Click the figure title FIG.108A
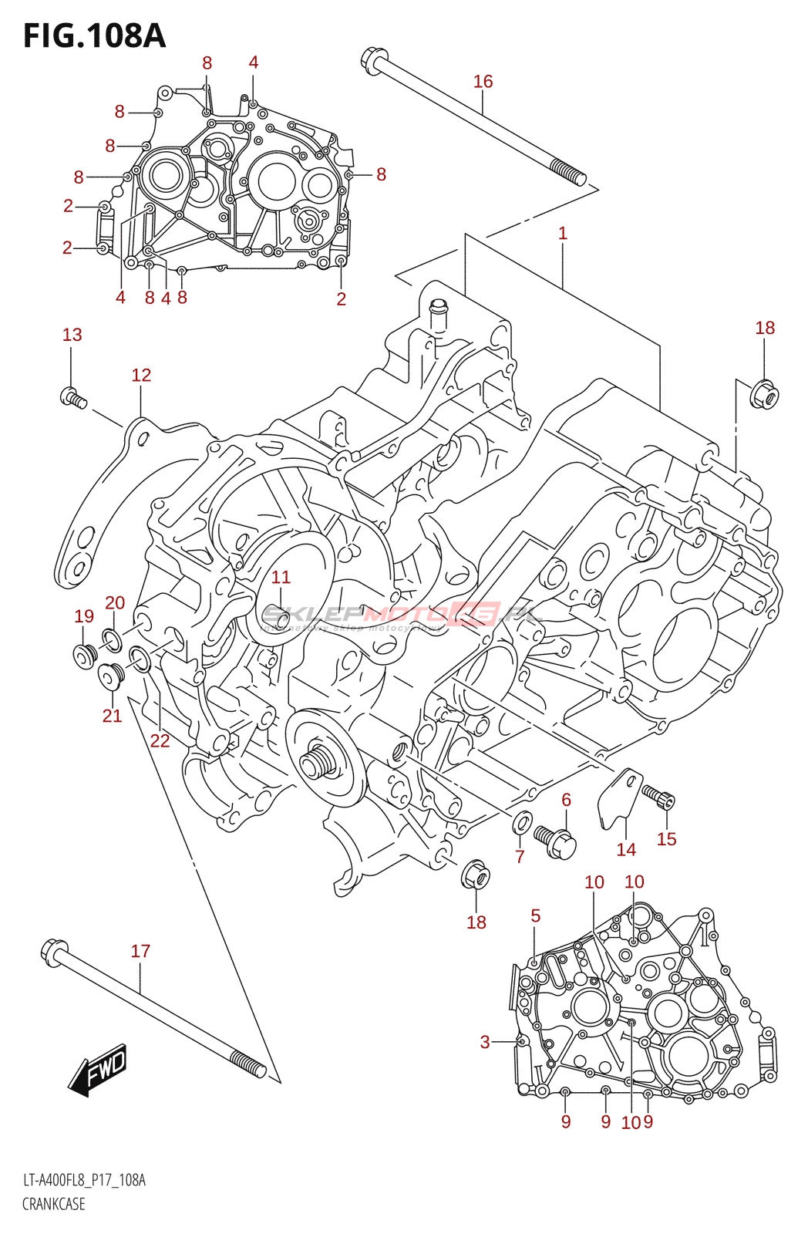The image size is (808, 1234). tap(94, 35)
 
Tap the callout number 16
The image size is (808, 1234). tap(483, 81)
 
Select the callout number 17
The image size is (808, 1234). tap(140, 951)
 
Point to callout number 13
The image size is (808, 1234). tap(72, 335)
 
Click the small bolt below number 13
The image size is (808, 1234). tap(72, 398)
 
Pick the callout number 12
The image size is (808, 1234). tap(141, 375)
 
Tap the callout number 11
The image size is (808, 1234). tap(281, 577)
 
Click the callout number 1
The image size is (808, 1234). tap(563, 233)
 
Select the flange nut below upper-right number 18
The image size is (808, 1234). tap(764, 396)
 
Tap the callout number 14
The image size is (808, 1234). tap(626, 849)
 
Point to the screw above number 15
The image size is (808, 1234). tap(658, 796)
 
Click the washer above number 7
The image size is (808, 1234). tap(522, 822)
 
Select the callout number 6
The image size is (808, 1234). tap(566, 800)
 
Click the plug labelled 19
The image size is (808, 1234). tap(83, 655)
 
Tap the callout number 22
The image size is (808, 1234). tap(160, 740)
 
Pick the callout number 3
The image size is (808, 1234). tap(485, 1042)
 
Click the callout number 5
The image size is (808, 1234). tap(536, 915)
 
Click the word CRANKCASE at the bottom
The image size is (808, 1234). tap(54, 1204)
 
